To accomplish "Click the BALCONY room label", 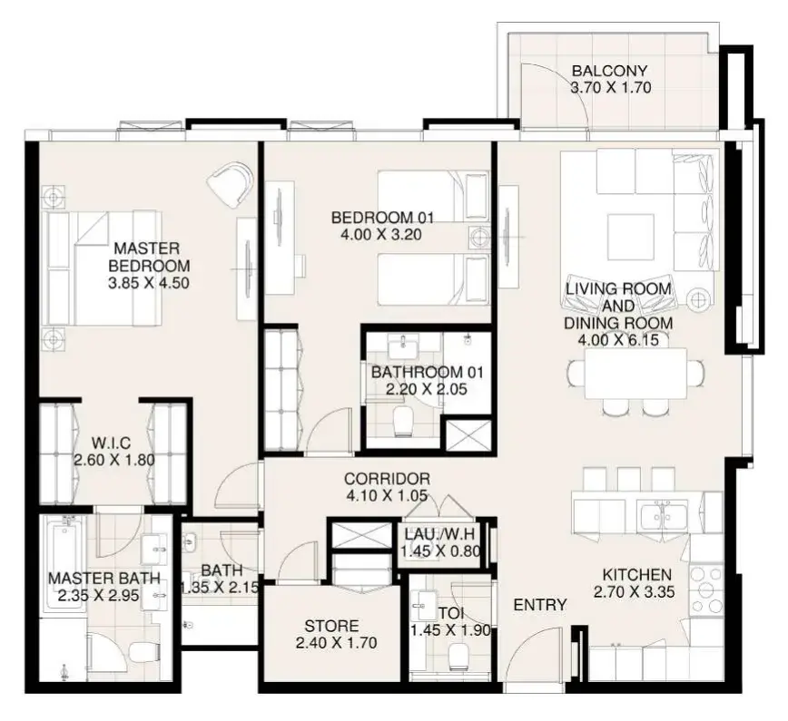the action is coord(609,71).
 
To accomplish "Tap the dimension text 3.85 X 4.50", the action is coord(149,283).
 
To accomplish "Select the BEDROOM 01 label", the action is coord(382,218).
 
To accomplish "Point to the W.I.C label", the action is coord(111,443).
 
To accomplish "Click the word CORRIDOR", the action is coord(387,479).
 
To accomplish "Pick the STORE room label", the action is coord(331,626).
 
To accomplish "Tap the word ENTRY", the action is coord(540,605).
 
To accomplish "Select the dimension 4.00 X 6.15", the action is coord(618,340).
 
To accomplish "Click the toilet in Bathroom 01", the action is coord(403,421).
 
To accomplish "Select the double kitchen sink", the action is coord(663,514).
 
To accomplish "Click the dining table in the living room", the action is coord(635,373).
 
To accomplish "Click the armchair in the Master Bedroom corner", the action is coord(232,181).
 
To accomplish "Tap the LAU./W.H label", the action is coord(440,534).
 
